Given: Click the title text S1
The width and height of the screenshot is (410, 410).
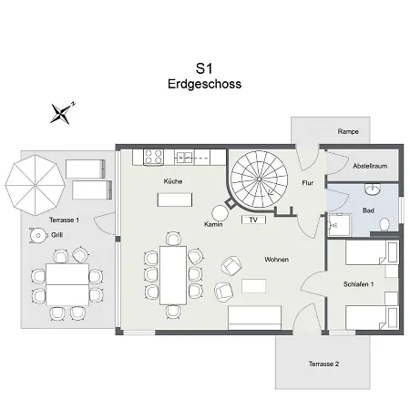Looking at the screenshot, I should click(205, 67).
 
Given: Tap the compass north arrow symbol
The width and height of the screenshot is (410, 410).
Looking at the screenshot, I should click(62, 112).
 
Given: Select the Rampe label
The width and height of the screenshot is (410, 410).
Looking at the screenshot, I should click(348, 132).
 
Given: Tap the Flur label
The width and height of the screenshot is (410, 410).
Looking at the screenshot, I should click(307, 182).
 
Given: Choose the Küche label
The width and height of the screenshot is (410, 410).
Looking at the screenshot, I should click(173, 181).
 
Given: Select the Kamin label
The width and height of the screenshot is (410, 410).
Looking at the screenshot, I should click(214, 223).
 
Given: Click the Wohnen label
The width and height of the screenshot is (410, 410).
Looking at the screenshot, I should click(277, 260).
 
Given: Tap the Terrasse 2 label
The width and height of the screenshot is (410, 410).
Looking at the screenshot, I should click(323, 364).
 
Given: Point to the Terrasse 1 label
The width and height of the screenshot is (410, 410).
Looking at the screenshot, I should click(64, 220).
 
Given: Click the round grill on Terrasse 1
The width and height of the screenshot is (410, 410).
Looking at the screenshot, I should click(38, 235).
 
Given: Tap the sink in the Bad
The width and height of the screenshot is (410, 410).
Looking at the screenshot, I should click(373, 191).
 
